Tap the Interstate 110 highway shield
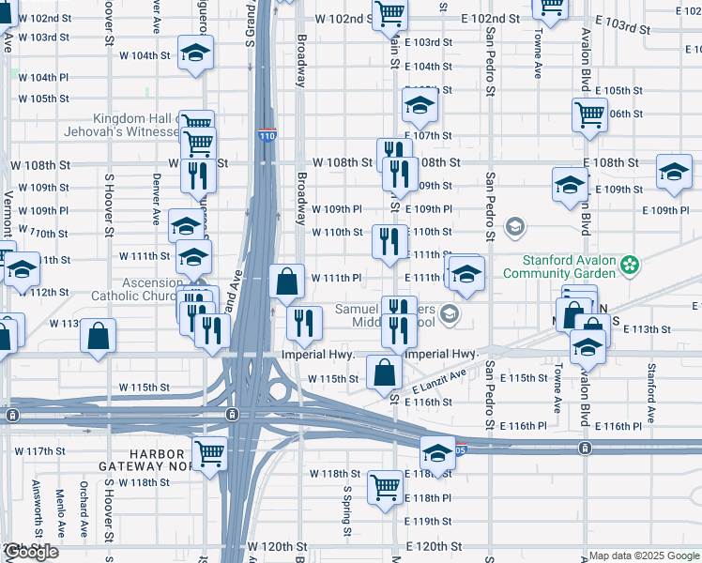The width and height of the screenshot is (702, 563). [267, 136]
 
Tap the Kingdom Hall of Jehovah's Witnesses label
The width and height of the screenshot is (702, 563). [136, 126]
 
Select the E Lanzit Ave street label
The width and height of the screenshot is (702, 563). [438, 381]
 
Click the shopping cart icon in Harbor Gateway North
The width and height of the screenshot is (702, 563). [210, 452]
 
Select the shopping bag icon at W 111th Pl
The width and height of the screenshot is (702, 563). [286, 280]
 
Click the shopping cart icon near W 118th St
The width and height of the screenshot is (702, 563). [385, 486]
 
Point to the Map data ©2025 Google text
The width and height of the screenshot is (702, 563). [645, 555]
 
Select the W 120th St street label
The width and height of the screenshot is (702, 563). [277, 546]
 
